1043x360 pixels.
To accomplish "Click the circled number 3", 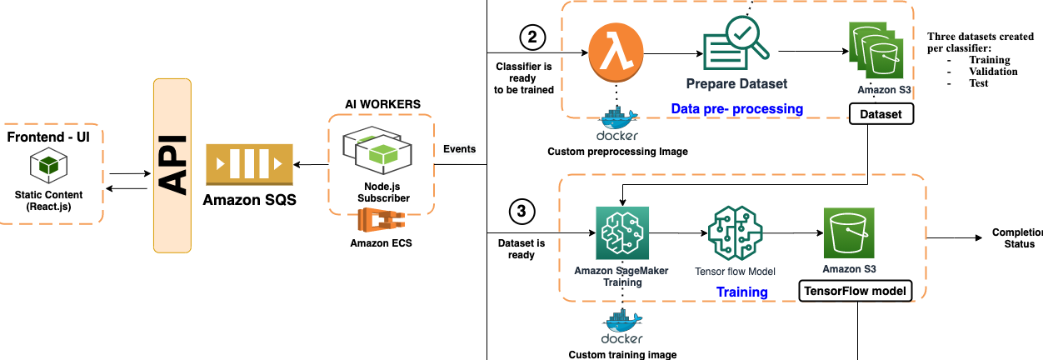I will (x=521, y=212).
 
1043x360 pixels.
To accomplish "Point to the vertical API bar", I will (x=172, y=166).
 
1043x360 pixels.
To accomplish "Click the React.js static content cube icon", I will (x=49, y=165).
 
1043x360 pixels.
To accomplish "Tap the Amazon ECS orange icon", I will (x=381, y=223).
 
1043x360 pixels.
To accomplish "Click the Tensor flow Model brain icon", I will (x=734, y=234).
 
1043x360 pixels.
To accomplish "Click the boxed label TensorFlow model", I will (x=855, y=292).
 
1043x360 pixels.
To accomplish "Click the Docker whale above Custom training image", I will (x=621, y=326).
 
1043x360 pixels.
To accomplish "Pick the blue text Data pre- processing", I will (x=736, y=109).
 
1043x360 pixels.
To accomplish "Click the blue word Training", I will (x=741, y=292).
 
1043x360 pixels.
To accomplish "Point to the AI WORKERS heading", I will (x=382, y=103).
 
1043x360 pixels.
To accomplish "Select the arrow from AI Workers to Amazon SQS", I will (x=311, y=166).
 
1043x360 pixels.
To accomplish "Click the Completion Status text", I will (x=1016, y=238).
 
